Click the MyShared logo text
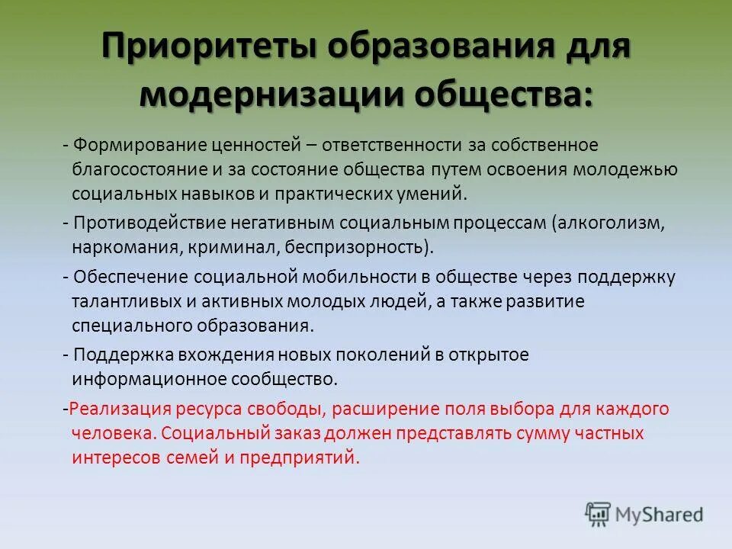click(x=660, y=515)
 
